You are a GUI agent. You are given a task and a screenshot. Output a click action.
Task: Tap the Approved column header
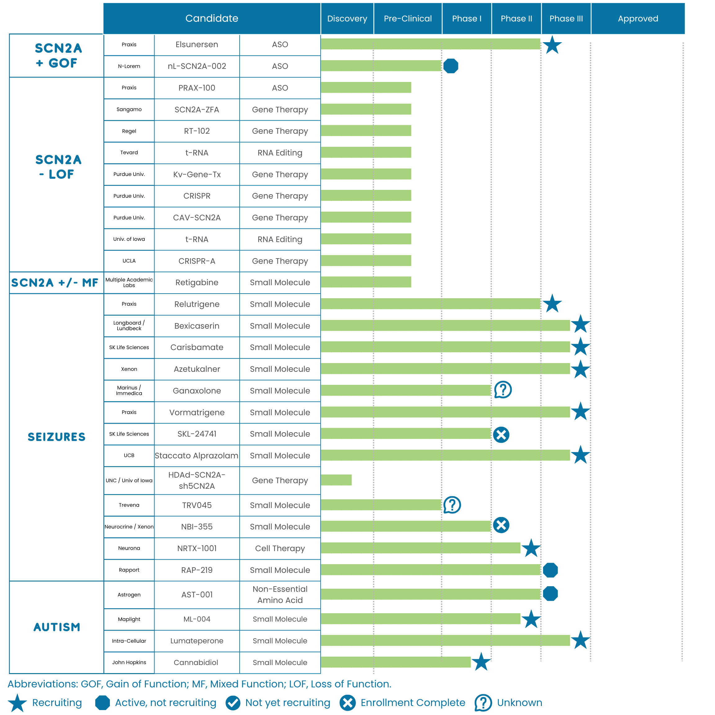(x=638, y=19)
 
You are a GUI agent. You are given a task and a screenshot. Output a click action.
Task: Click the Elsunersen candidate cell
(x=196, y=44)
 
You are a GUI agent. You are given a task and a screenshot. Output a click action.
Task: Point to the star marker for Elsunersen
(x=552, y=45)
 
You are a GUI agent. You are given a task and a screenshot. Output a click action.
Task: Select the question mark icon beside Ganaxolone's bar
(x=502, y=390)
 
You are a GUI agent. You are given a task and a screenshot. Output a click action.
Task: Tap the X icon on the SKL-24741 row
(x=501, y=434)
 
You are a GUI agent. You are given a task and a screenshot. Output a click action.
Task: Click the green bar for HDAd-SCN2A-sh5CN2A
(x=336, y=480)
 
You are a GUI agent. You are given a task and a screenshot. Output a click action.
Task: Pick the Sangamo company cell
(x=129, y=109)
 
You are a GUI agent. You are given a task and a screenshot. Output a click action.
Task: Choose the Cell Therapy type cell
(x=280, y=548)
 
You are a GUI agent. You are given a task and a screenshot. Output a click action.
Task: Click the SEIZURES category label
(x=56, y=437)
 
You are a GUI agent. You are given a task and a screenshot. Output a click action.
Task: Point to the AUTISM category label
(x=56, y=627)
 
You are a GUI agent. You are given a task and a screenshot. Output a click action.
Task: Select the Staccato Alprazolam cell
(x=196, y=456)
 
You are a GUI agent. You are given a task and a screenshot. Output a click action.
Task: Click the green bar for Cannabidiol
(x=395, y=662)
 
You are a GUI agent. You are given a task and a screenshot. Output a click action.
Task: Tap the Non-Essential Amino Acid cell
(x=280, y=594)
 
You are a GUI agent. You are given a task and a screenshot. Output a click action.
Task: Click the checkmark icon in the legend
(x=233, y=703)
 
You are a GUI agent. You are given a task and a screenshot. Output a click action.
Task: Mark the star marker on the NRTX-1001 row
(x=531, y=548)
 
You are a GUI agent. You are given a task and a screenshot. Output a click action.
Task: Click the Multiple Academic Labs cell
(x=129, y=282)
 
